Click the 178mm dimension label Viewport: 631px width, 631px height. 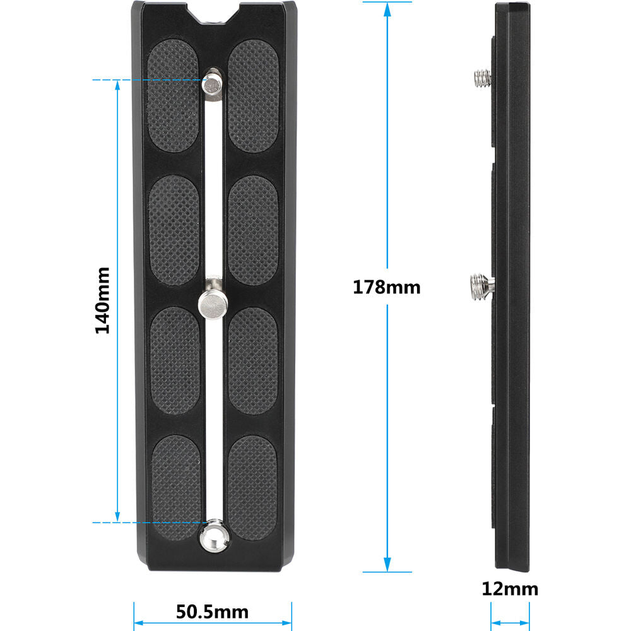(386, 287)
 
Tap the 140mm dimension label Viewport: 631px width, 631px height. (102, 300)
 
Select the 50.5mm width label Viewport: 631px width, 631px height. (212, 612)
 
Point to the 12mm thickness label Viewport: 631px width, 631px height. (510, 589)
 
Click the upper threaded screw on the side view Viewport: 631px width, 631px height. (483, 78)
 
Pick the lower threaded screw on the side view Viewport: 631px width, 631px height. (481, 287)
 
